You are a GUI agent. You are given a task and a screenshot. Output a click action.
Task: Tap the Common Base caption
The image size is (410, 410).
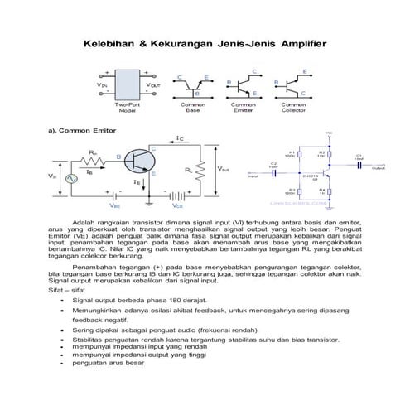click(x=193, y=109)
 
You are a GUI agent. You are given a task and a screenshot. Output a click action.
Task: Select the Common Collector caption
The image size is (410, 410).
click(x=293, y=109)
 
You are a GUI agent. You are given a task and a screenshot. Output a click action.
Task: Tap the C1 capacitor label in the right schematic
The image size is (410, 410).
click(x=359, y=155)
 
